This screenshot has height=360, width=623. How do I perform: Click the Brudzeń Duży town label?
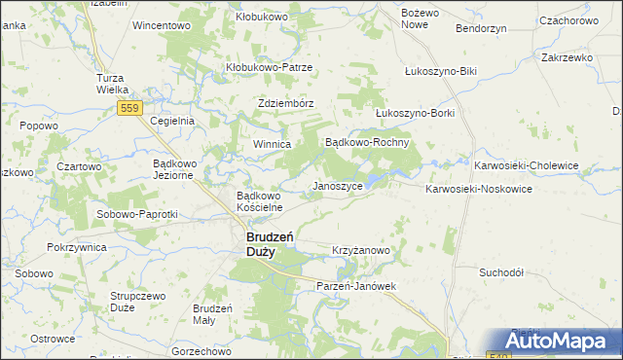(260, 243)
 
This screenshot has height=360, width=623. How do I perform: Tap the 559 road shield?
(131, 108)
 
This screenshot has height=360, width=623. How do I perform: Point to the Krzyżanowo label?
(361, 250)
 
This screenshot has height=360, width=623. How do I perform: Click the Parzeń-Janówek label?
(358, 286)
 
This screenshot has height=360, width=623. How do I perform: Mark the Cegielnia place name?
(173, 121)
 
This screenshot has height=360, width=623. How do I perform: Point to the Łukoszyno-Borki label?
(415, 113)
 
